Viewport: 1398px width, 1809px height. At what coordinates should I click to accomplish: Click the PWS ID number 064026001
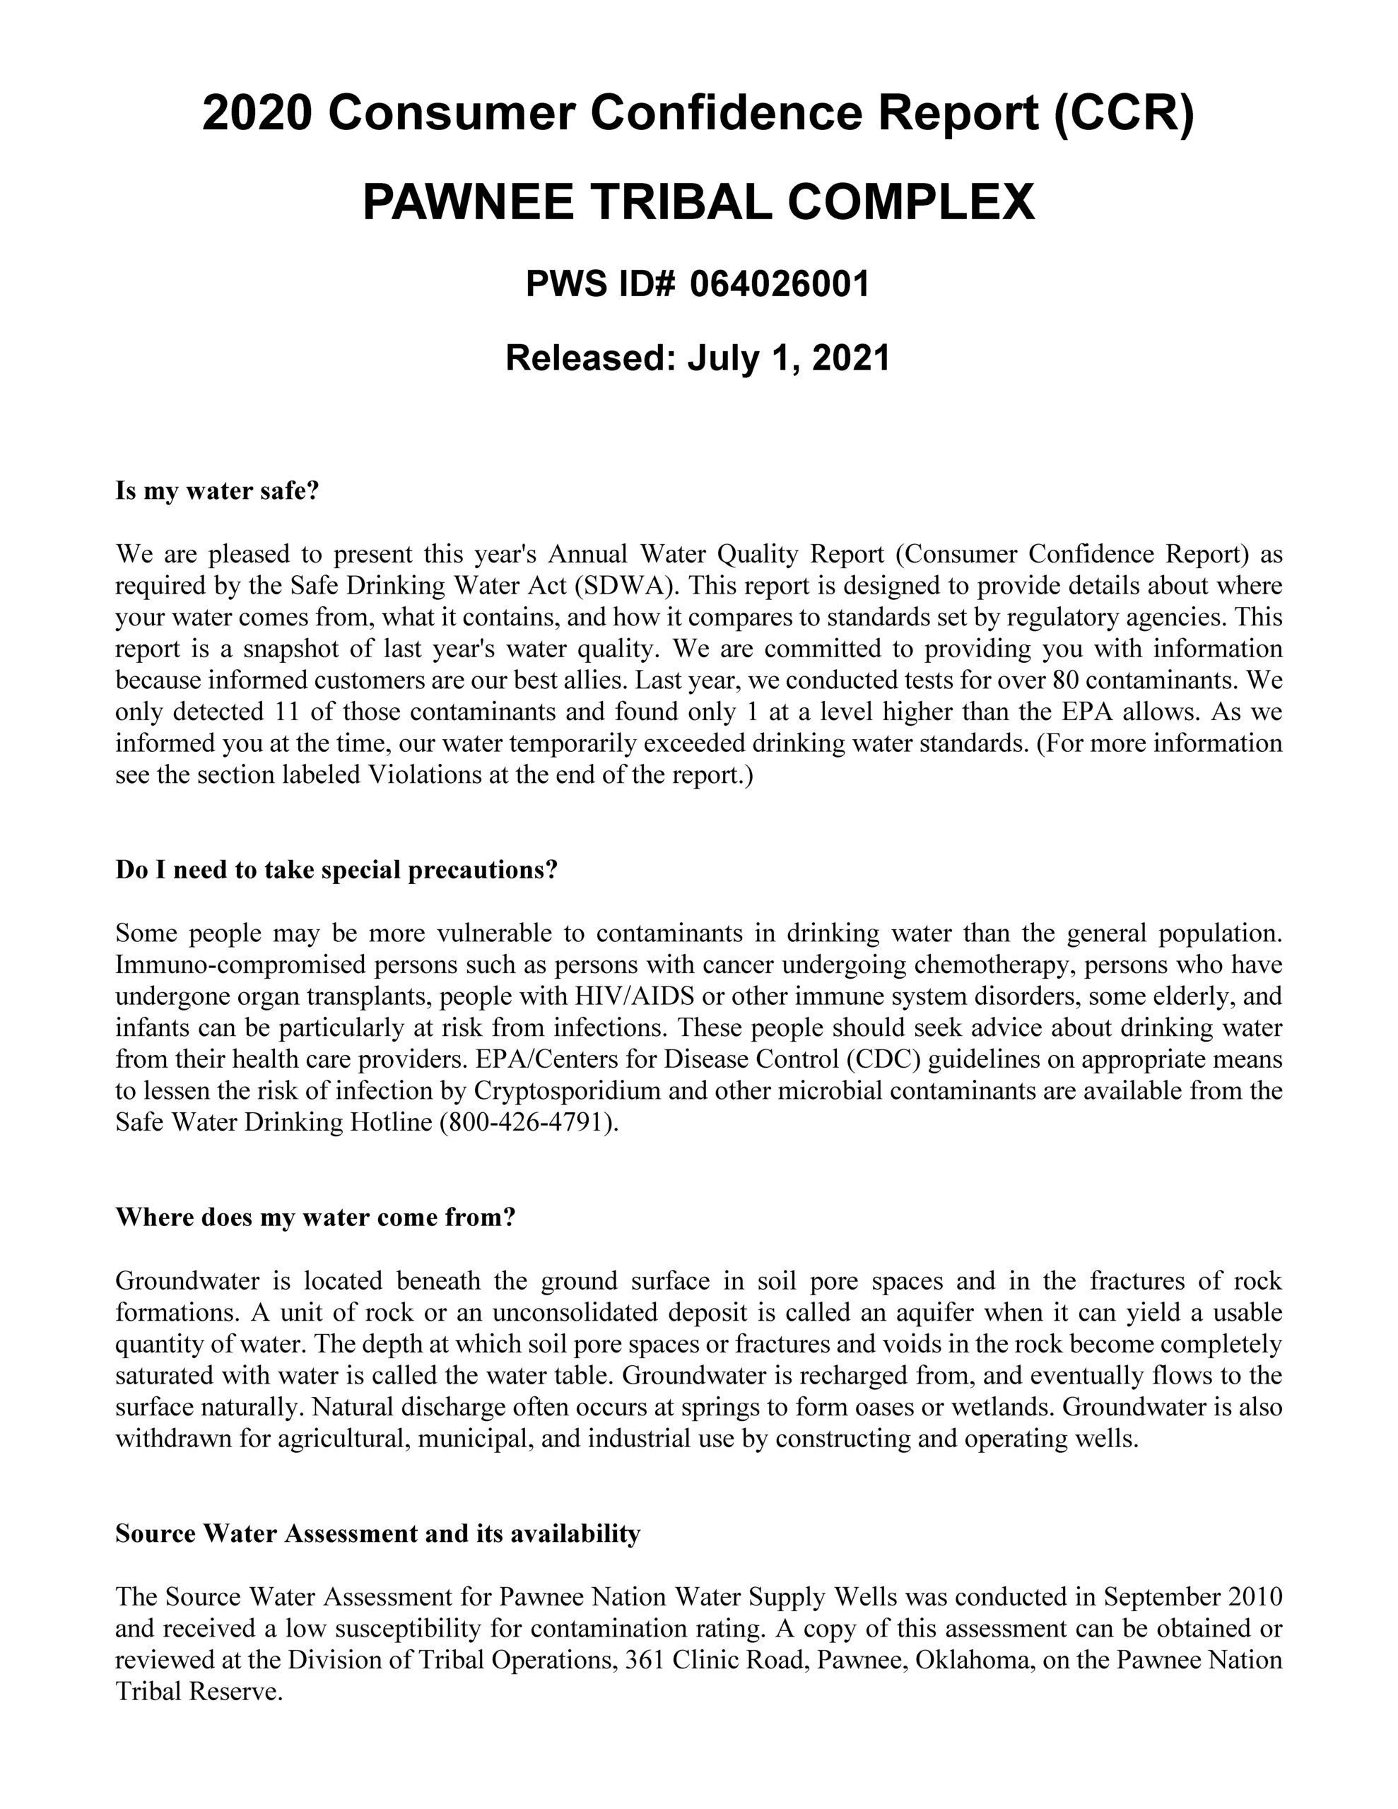[779, 284]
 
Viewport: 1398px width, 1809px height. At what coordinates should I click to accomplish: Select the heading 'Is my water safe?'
[217, 491]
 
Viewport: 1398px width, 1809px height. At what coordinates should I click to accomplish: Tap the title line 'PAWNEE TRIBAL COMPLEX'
[698, 201]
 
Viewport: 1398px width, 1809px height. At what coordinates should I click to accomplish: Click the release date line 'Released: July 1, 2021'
[698, 358]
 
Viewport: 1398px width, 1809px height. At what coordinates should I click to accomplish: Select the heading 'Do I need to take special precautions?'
[336, 870]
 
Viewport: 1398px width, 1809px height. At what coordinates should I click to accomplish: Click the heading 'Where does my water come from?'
[315, 1217]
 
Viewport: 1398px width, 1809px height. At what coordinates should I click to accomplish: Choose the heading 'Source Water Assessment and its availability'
[378, 1533]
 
